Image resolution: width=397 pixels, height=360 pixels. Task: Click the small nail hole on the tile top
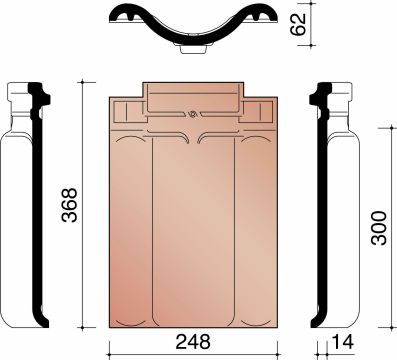click(192, 112)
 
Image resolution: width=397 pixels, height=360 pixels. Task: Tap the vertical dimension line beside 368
click(84, 207)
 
